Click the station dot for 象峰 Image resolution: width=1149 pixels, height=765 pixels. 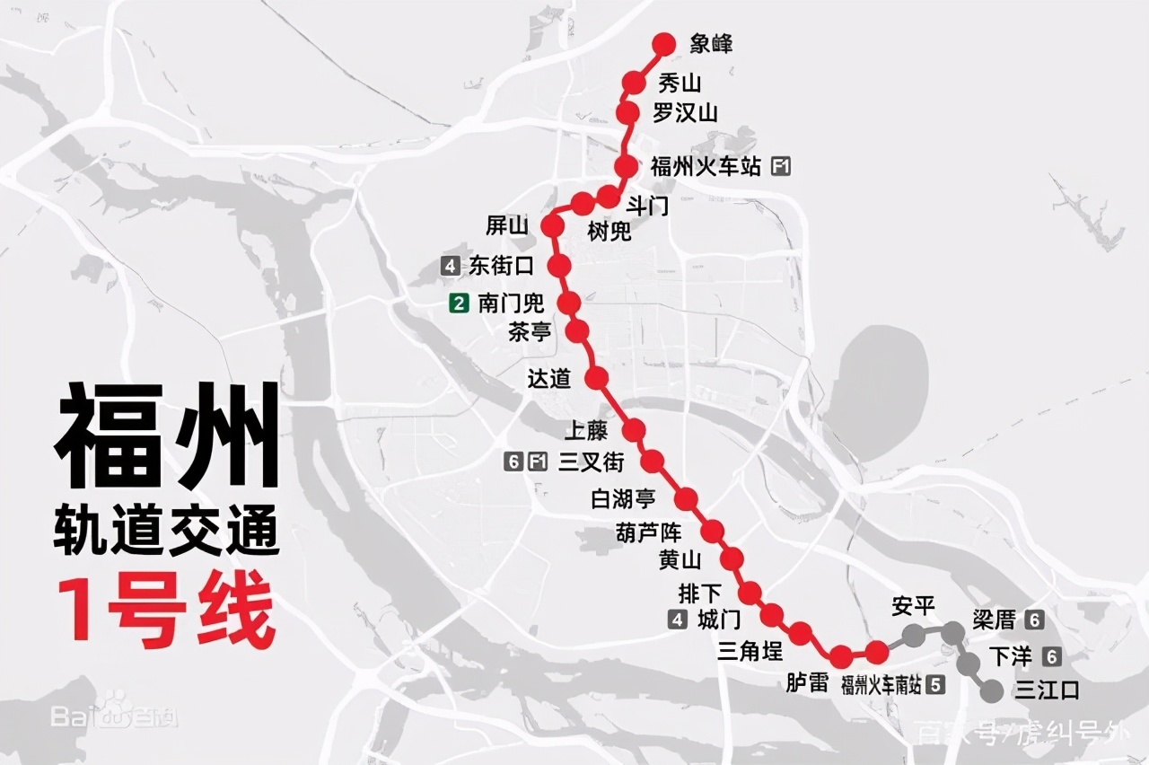pyautogui.click(x=664, y=43)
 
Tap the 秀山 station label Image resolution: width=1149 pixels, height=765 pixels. pyautogui.click(x=680, y=84)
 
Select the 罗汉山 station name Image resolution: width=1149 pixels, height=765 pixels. pyautogui.click(x=685, y=113)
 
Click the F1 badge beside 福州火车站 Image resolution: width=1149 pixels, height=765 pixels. pyautogui.click(x=781, y=166)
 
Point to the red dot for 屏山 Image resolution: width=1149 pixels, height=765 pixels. pyautogui.click(x=553, y=226)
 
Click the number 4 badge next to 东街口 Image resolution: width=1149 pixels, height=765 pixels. pyautogui.click(x=450, y=266)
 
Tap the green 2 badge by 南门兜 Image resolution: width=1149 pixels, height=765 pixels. pyautogui.click(x=460, y=303)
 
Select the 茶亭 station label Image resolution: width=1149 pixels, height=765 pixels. pyautogui.click(x=530, y=332)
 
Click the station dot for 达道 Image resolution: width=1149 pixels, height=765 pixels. pyautogui.click(x=597, y=378)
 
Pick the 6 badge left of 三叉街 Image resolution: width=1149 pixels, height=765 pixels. pyautogui.click(x=513, y=462)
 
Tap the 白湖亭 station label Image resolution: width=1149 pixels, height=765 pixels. pyautogui.click(x=623, y=498)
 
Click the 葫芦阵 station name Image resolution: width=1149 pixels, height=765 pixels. pyautogui.click(x=649, y=532)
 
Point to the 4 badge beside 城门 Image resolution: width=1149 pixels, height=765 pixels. pyautogui.click(x=678, y=619)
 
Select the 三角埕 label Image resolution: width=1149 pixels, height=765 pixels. pyautogui.click(x=750, y=649)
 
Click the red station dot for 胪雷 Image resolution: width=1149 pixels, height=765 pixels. pyautogui.click(x=842, y=656)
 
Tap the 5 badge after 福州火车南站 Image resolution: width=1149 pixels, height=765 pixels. pyautogui.click(x=936, y=684)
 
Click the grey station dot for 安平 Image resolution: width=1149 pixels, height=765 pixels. pyautogui.click(x=913, y=636)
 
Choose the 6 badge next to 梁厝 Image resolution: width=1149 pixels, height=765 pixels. pyautogui.click(x=1034, y=620)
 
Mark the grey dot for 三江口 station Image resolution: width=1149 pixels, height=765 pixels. pyautogui.click(x=992, y=691)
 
